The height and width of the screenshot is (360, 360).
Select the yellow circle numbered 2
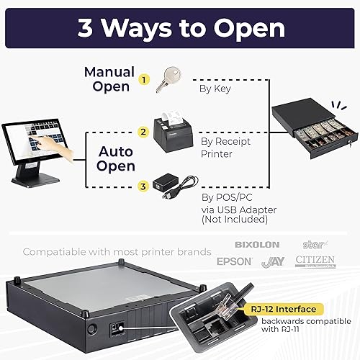(143, 132)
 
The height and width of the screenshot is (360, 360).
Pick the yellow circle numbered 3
(143, 187)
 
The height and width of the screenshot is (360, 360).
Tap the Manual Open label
(109, 80)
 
